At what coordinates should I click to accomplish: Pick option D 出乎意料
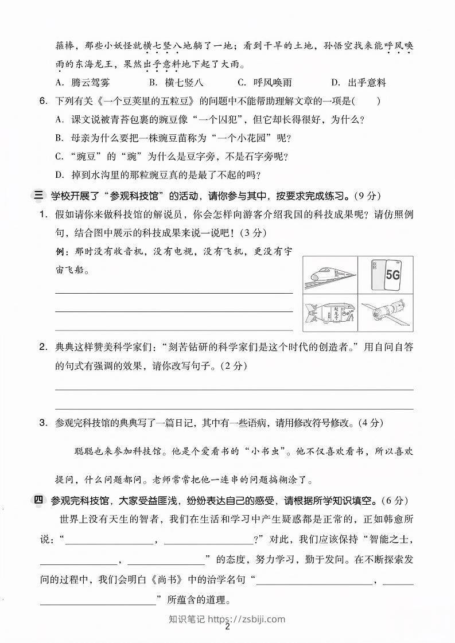click(x=359, y=83)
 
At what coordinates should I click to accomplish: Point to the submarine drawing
click(x=330, y=312)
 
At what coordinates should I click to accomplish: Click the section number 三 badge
click(x=38, y=196)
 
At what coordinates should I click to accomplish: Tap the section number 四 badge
click(x=38, y=500)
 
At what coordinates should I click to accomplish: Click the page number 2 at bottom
click(x=228, y=627)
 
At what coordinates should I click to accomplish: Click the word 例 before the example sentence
click(x=60, y=252)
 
